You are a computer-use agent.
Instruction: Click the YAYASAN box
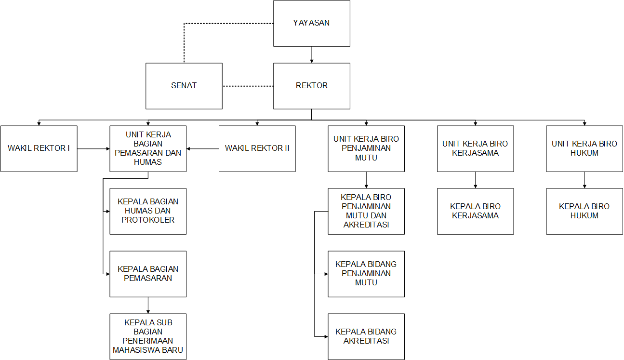311,23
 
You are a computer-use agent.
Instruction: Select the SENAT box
184,86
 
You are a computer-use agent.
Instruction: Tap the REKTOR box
311,86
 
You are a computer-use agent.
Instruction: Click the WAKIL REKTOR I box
39,148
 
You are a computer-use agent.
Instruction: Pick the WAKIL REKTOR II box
257,148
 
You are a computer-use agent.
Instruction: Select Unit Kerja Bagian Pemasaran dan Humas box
148,148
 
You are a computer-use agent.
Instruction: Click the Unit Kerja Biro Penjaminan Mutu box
366,148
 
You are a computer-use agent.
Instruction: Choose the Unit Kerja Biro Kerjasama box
475,148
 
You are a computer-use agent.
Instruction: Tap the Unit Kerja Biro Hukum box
584,148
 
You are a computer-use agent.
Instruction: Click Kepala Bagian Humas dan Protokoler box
148,211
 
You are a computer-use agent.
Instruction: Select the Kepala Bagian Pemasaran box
148,274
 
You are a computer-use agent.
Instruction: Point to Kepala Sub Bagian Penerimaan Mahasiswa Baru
148,336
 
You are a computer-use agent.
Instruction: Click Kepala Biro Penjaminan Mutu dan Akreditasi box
366,211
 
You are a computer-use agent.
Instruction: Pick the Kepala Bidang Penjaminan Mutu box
366,274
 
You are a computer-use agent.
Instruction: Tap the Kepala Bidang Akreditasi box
366,336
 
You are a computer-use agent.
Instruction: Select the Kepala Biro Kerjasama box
475,211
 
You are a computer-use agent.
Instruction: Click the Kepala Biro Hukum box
584,211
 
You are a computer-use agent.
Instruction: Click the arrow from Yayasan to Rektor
312,54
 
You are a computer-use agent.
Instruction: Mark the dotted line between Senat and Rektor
248,86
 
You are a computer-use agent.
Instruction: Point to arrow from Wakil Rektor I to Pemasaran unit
93,149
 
